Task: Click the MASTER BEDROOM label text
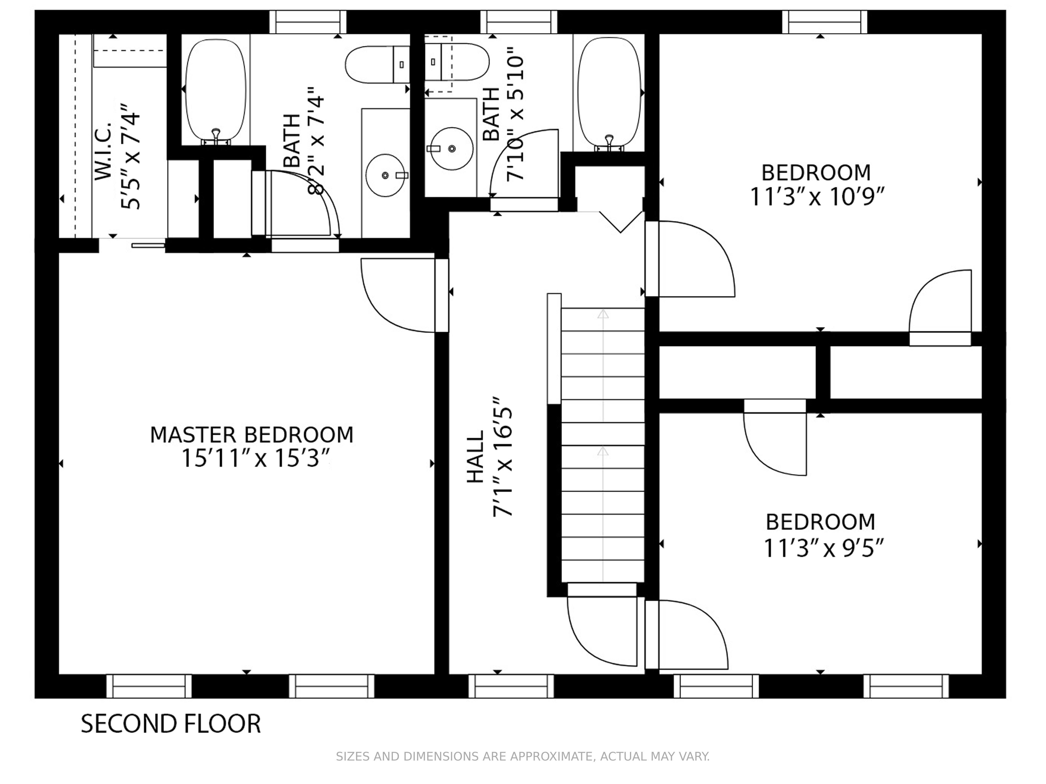click(x=252, y=435)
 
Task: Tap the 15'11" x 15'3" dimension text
click(x=255, y=458)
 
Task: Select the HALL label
click(x=476, y=457)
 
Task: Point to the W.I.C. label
click(x=104, y=151)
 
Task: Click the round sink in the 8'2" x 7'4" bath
click(x=386, y=175)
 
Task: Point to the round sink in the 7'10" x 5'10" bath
click(x=451, y=148)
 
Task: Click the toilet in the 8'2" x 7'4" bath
click(x=377, y=65)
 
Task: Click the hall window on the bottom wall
click(x=511, y=686)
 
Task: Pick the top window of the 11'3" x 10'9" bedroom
click(x=825, y=22)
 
